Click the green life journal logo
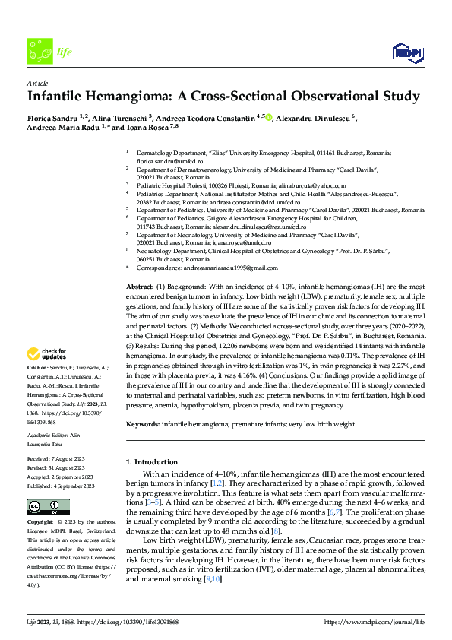[39, 51]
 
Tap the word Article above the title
[37, 83]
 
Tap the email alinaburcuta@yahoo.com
[314, 185]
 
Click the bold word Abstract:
[139, 285]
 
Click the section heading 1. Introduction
[153, 461]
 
